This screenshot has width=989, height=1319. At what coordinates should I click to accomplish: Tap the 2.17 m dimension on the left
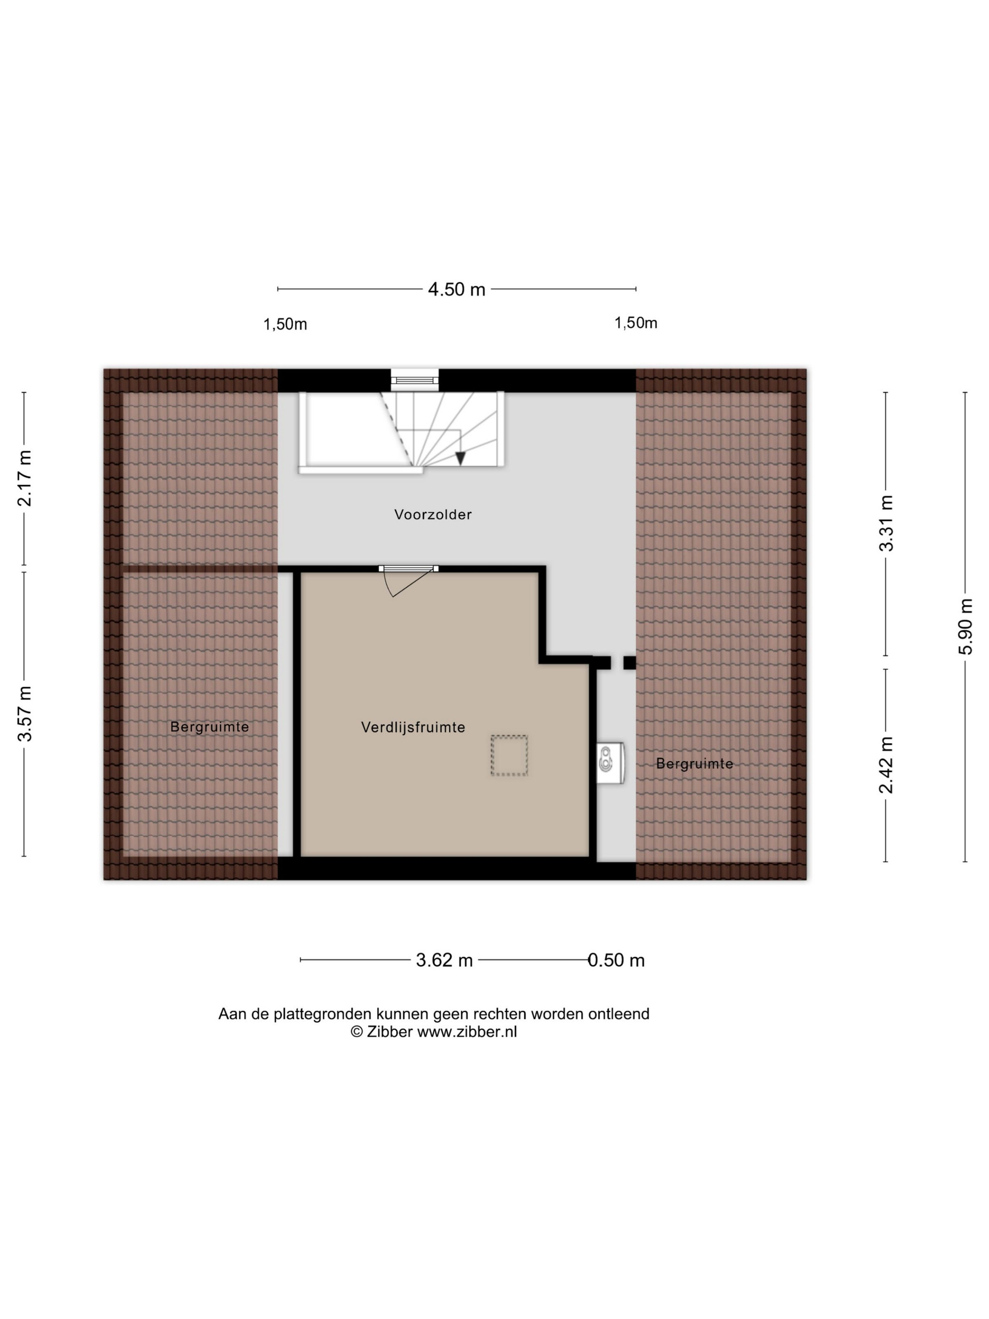tap(24, 478)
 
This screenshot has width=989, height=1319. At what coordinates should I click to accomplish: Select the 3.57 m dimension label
tap(24, 713)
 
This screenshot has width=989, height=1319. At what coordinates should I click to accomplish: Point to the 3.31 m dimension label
tap(886, 523)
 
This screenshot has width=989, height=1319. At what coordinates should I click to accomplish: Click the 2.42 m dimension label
tap(886, 765)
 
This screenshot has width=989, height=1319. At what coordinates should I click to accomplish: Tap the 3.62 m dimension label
tap(444, 960)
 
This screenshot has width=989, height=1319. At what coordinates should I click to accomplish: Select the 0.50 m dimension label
tap(616, 960)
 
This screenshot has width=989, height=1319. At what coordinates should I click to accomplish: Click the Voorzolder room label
tap(433, 514)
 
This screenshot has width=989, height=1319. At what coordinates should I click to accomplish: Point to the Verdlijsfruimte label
tap(413, 727)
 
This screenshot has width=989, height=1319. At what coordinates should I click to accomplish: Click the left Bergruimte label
tap(209, 727)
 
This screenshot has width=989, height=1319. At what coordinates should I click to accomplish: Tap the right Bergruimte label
tap(695, 763)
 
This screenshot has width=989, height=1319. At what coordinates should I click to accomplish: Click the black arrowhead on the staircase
tap(460, 458)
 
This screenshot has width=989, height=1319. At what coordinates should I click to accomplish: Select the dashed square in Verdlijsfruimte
tap(509, 755)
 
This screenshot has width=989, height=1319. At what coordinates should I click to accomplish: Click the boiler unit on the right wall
tap(610, 763)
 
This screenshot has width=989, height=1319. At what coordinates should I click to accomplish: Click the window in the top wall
tap(414, 380)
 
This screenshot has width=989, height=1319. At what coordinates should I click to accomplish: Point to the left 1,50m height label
tap(285, 325)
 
